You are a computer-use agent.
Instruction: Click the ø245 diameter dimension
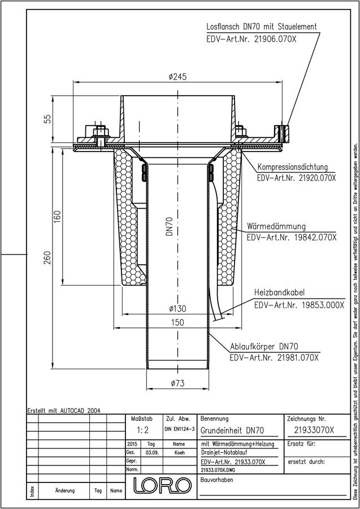pos(177,77)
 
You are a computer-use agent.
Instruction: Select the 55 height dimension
pos(47,119)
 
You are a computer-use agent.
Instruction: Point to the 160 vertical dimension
pos(57,216)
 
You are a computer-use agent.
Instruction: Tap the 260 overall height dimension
pos(47,258)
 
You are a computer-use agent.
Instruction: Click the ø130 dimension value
pos(177,308)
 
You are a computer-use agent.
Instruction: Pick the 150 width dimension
pos(177,323)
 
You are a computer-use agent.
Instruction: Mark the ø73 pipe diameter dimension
pos(177,383)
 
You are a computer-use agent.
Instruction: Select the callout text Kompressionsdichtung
pos(293,167)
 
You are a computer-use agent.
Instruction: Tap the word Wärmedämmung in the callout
pos(276,226)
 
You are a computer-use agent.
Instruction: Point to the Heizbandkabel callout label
pos(279,292)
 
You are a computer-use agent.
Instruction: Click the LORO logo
pos(162,485)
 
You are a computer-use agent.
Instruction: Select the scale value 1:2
pos(142,430)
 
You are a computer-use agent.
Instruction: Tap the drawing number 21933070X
pos(314,430)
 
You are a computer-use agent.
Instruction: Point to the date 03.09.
pos(152,452)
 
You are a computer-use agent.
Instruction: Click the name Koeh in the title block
pos(179,452)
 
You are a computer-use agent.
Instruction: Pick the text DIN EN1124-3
pos(180,429)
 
